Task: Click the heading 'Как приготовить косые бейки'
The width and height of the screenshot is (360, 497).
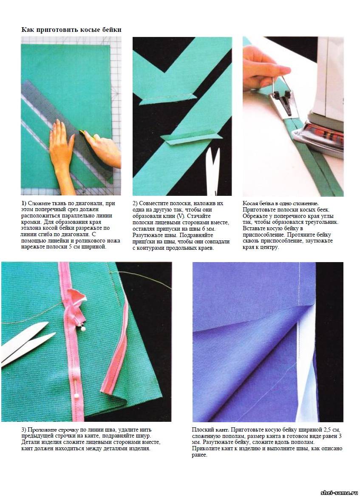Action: [71, 30]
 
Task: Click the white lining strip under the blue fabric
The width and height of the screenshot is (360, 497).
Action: [306, 364]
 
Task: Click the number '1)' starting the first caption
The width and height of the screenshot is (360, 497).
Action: [24, 203]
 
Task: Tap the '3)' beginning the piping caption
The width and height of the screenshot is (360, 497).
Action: [24, 430]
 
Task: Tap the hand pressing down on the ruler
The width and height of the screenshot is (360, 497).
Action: [62, 152]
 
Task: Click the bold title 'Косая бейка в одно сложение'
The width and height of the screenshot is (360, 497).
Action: [281, 203]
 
